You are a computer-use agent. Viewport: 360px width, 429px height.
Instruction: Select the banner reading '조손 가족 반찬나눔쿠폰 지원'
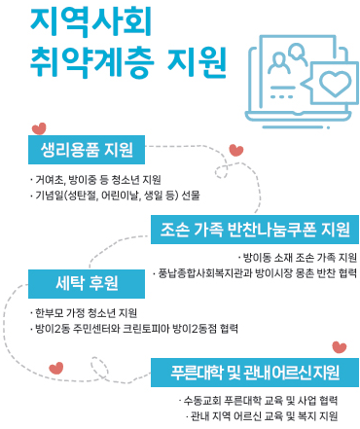click(254, 230)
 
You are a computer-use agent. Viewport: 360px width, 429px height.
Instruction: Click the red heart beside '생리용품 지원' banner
click(38, 125)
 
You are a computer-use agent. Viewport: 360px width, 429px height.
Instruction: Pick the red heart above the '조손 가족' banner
click(235, 150)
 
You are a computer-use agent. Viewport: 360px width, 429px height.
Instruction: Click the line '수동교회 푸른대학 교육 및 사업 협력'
click(258, 400)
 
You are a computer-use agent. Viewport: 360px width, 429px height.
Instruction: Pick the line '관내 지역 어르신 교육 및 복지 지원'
click(261, 415)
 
